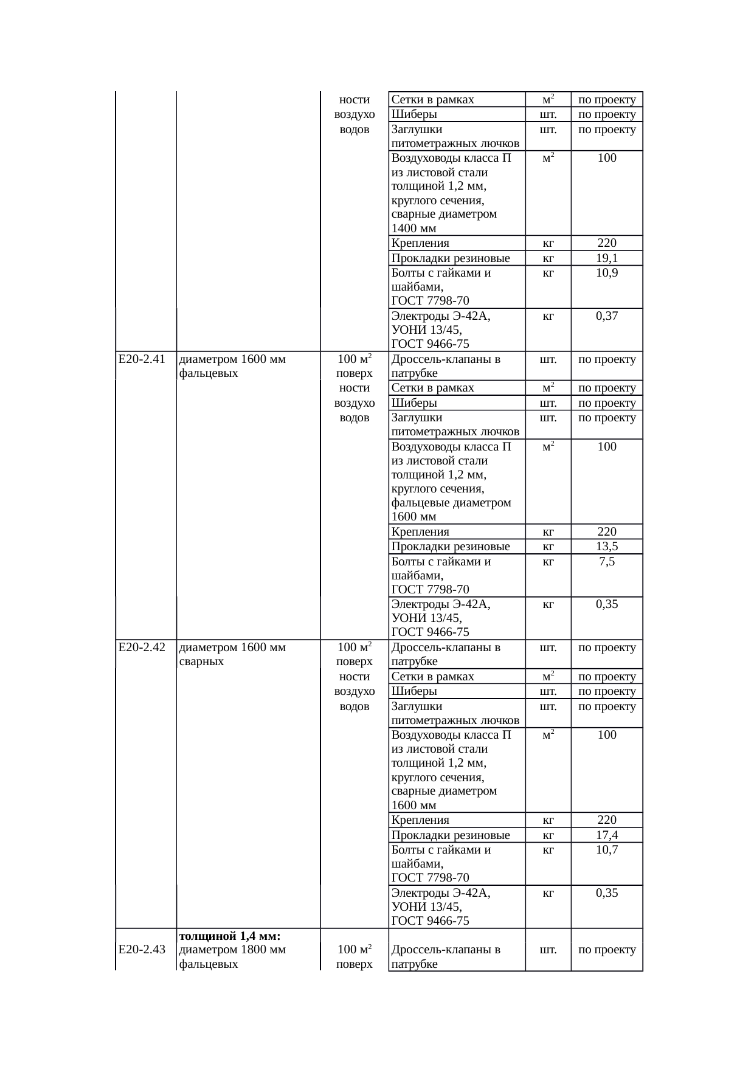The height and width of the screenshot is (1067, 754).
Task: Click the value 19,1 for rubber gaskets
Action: (607, 258)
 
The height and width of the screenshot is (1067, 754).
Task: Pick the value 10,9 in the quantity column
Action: (607, 273)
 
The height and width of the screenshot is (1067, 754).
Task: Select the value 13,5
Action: (607, 547)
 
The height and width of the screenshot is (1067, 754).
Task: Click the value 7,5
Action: (607, 562)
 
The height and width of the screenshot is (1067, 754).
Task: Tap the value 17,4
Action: (607, 835)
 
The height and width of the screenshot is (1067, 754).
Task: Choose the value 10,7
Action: (607, 850)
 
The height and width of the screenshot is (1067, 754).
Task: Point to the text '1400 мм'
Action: (413, 229)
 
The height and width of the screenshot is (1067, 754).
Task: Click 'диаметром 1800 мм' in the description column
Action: (233, 950)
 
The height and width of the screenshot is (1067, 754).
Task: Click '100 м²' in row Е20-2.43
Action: (355, 950)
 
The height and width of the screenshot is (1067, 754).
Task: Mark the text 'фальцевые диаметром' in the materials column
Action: (451, 503)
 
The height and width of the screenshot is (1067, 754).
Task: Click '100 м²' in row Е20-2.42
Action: (355, 647)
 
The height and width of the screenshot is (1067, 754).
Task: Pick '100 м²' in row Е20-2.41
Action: (355, 359)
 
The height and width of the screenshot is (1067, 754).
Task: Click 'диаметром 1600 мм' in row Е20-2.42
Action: (233, 647)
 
